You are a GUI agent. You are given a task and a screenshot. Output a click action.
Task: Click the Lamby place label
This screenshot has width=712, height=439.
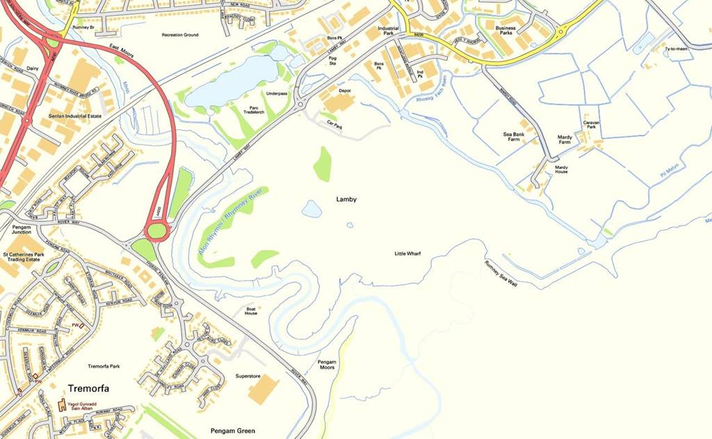(346, 200)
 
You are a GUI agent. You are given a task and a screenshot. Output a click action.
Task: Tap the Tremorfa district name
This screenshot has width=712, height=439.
(88, 388)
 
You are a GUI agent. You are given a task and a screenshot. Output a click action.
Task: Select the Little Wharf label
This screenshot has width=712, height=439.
(407, 254)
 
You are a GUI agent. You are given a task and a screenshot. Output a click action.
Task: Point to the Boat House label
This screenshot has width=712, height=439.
(251, 310)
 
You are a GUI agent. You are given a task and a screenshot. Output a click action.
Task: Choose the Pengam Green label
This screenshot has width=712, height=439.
(233, 431)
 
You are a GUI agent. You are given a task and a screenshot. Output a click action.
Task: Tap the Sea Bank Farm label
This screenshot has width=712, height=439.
(512, 136)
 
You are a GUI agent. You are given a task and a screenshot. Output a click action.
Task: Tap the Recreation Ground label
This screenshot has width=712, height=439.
(180, 35)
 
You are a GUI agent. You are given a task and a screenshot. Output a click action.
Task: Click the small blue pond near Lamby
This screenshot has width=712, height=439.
(311, 209)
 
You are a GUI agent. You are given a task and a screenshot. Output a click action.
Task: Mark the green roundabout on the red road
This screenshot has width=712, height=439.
(156, 230)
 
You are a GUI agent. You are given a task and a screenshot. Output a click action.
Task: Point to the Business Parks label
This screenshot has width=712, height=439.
(505, 30)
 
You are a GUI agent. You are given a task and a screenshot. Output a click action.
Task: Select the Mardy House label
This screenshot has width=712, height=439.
(561, 169)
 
